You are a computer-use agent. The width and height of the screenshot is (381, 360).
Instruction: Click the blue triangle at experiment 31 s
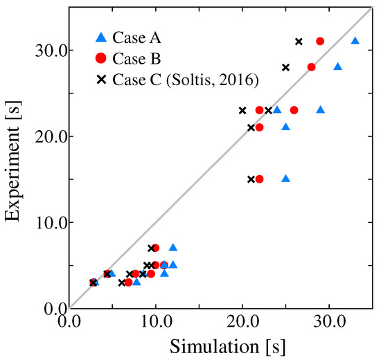click(355, 41)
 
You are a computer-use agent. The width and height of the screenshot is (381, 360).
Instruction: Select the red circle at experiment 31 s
click(320, 42)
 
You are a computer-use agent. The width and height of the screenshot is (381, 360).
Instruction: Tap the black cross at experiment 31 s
click(299, 42)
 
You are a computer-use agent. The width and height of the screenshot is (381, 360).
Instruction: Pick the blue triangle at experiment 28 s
click(338, 66)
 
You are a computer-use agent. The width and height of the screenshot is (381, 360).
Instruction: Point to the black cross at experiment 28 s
click(286, 67)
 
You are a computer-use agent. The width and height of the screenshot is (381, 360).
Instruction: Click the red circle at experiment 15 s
click(260, 179)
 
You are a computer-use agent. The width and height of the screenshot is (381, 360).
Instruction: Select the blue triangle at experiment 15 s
click(286, 179)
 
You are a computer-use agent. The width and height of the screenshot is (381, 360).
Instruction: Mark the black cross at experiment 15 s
click(251, 179)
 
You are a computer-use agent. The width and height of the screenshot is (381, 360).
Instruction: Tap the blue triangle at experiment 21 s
click(286, 127)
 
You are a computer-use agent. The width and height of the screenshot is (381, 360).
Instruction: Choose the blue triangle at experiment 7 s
click(173, 247)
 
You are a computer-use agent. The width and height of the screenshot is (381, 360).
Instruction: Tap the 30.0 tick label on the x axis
click(329, 322)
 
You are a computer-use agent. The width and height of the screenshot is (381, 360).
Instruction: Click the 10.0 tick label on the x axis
click(156, 322)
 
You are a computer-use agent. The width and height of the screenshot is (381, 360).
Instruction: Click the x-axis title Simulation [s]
click(221, 344)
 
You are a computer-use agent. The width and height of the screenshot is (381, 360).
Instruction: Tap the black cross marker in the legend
click(102, 80)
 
